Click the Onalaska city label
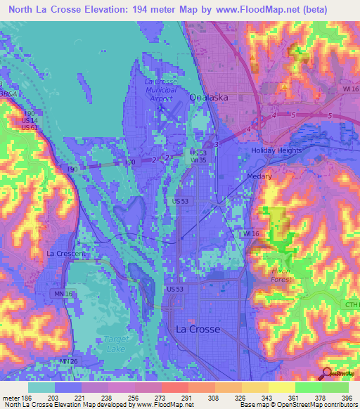[208, 99]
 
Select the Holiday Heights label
[276, 151]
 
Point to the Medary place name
[259, 177]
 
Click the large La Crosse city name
[198, 329]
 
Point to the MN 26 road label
[69, 362]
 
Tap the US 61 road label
[29, 127]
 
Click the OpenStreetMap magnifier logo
[326, 373]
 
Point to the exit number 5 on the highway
[329, 115]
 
